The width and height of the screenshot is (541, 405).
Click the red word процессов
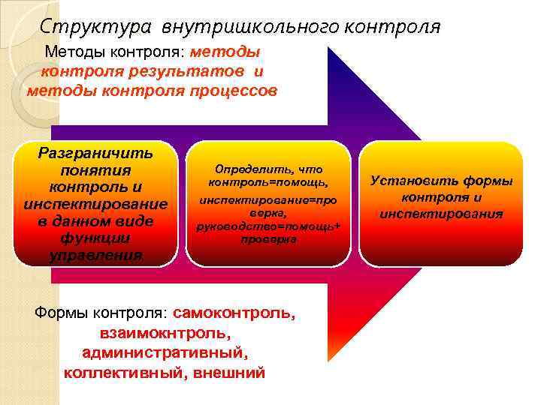tap(235, 91)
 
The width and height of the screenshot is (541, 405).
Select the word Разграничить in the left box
tap(95, 154)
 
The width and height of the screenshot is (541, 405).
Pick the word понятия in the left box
tap(95, 170)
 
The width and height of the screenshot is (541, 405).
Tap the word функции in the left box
tap(95, 238)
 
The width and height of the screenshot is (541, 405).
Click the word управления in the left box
tap(95, 256)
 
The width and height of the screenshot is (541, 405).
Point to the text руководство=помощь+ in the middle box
tap(268, 226)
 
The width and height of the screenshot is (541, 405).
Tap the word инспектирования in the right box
tap(441, 214)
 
